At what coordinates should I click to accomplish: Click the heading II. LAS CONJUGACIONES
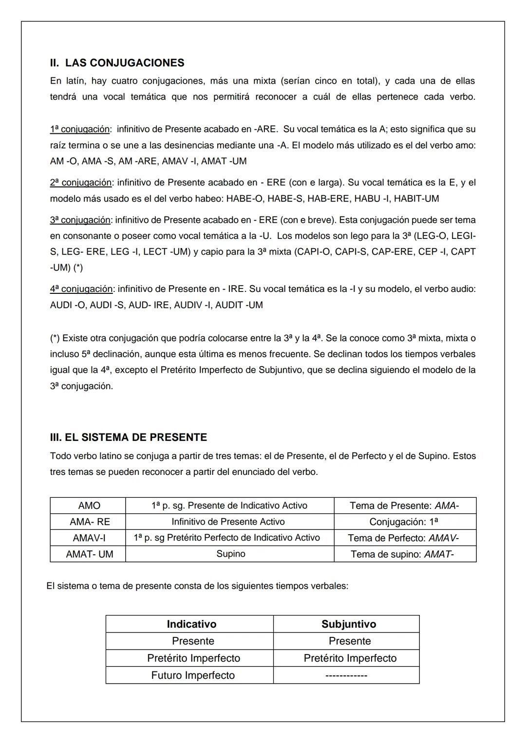pyautogui.click(x=117, y=63)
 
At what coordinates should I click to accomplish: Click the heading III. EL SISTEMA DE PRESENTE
pyautogui.click(x=128, y=437)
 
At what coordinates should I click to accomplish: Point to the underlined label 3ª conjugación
pyautogui.click(x=80, y=220)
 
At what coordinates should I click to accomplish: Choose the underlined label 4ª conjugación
pyautogui.click(x=81, y=289)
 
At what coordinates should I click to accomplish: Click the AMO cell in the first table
pyautogui.click(x=89, y=506)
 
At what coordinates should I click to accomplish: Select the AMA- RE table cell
pyautogui.click(x=90, y=522)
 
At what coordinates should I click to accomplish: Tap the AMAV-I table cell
pyautogui.click(x=89, y=538)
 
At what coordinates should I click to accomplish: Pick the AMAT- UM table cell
pyautogui.click(x=90, y=554)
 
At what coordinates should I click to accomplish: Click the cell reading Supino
pyautogui.click(x=230, y=554)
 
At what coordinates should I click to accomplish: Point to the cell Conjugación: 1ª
pyautogui.click(x=404, y=522)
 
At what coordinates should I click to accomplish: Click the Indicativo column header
pyautogui.click(x=191, y=624)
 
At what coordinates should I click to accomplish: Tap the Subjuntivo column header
pyautogui.click(x=349, y=624)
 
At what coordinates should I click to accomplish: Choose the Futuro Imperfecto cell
pyautogui.click(x=193, y=675)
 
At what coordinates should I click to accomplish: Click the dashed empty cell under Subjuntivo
pyautogui.click(x=349, y=675)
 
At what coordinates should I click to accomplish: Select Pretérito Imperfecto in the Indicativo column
pyautogui.click(x=193, y=658)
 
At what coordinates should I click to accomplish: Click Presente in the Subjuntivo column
pyautogui.click(x=350, y=641)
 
